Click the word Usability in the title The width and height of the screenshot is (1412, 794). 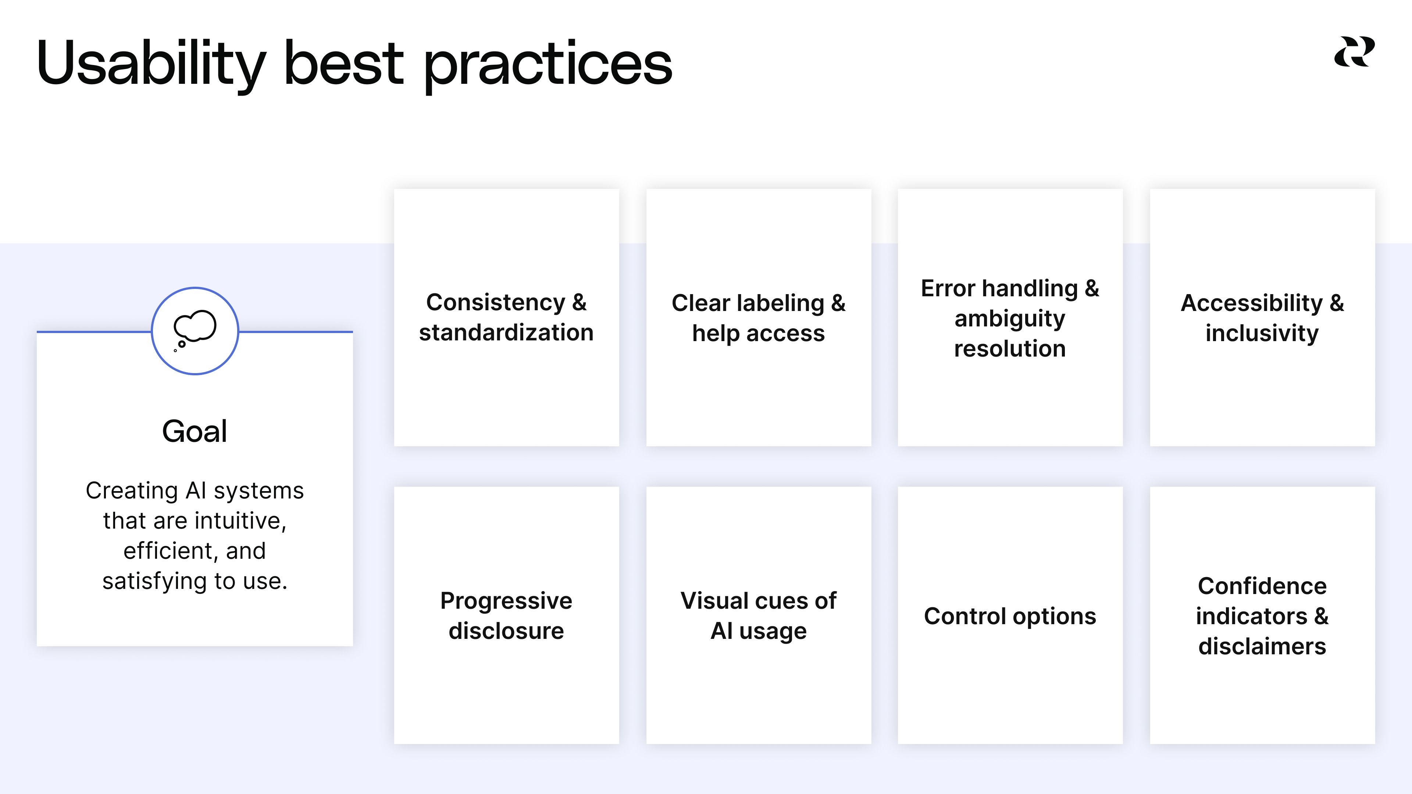pos(151,64)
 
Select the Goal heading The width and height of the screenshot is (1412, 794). pos(195,431)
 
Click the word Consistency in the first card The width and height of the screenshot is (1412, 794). pos(495,303)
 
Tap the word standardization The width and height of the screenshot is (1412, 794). pos(506,333)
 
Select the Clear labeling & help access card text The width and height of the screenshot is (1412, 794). pos(758,318)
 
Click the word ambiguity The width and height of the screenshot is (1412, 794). pos(1010,318)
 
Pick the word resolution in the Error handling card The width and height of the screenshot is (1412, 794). pos(1010,348)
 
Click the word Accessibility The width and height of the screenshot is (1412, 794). pos(1251,303)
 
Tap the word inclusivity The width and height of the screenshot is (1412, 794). pos(1262,333)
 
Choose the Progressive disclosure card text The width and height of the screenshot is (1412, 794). pos(506,615)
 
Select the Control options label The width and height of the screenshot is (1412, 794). pos(1010,616)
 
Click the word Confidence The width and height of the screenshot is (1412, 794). pos(1262,586)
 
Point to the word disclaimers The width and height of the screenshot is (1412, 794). pos(1262,646)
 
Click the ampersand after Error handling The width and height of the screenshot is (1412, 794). pos(1092,288)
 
